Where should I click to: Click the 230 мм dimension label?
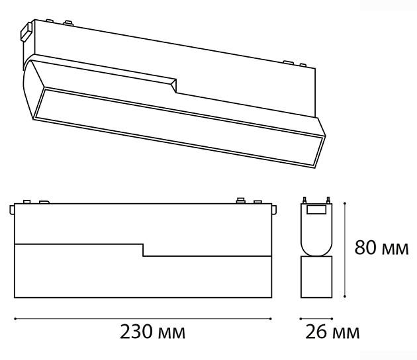[152, 332]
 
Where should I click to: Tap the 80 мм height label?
[381, 247]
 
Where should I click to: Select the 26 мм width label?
[332, 332]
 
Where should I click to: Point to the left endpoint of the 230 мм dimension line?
[15, 318]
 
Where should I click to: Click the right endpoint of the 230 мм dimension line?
[271, 318]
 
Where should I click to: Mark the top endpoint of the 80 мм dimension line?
[345, 203]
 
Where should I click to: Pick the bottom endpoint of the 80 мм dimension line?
[345, 296]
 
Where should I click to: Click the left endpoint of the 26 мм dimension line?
[301, 318]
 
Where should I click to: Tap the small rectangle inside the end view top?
[316, 210]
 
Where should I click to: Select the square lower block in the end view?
[316, 277]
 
